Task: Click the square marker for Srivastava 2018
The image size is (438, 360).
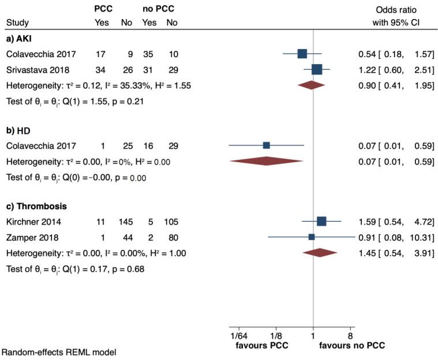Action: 316,70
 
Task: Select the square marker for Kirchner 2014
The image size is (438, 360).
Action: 321,221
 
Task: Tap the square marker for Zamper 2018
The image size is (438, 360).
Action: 312,237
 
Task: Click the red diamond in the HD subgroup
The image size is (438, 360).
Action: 266,161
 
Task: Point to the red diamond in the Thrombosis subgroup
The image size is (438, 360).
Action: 320,252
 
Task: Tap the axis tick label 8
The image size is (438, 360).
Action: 350,336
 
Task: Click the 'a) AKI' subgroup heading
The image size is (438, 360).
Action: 19,39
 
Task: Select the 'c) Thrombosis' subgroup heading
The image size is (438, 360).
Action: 33,206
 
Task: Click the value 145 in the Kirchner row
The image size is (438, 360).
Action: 126,222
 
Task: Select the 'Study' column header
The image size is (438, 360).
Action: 17,23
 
